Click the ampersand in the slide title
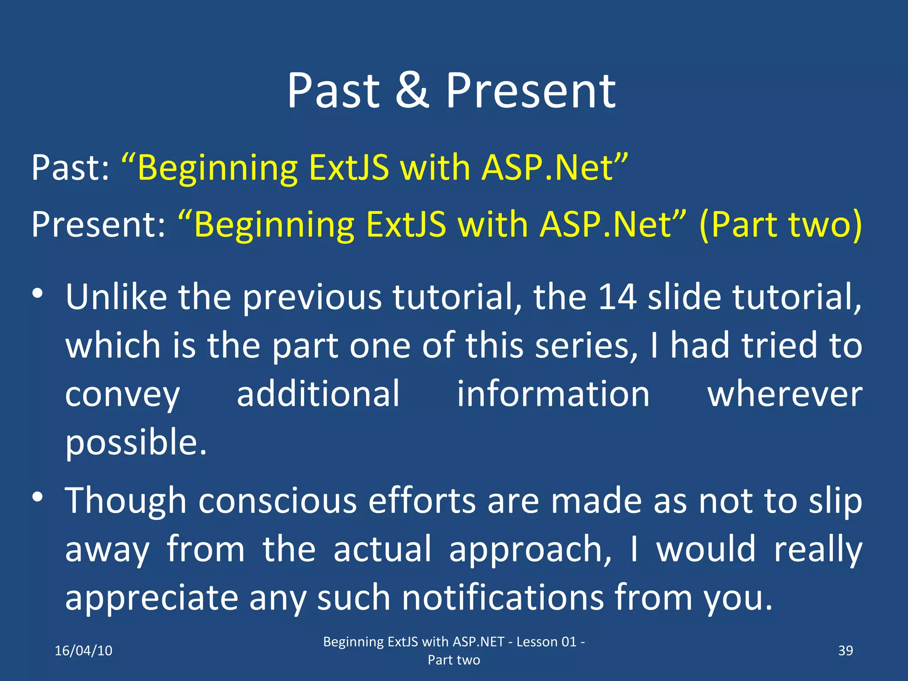click(x=412, y=91)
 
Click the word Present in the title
click(x=530, y=91)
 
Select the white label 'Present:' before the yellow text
click(x=98, y=224)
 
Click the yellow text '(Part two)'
click(x=780, y=224)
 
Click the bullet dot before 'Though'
click(x=38, y=497)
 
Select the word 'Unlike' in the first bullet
click(x=116, y=297)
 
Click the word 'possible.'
click(x=136, y=442)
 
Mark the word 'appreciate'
click(x=152, y=598)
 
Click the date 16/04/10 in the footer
click(x=83, y=650)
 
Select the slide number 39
click(x=845, y=650)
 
